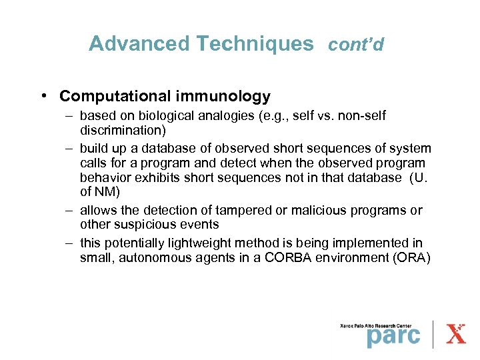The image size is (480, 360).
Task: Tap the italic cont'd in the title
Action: coord(356,45)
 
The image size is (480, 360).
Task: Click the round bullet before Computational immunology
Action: coord(43,97)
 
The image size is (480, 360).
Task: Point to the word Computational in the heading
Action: coord(114,97)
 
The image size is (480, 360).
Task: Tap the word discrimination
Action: coord(123,130)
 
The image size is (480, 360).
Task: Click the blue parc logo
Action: coord(393,335)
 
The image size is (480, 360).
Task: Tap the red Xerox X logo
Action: coord(457,333)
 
